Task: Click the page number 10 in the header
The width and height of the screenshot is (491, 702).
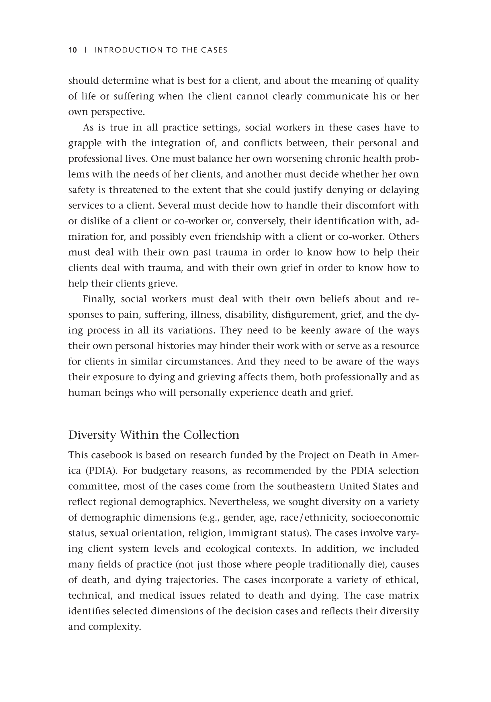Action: (73, 50)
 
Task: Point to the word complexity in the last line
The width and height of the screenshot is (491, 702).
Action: (115, 627)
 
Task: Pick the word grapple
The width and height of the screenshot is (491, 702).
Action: (85, 143)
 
